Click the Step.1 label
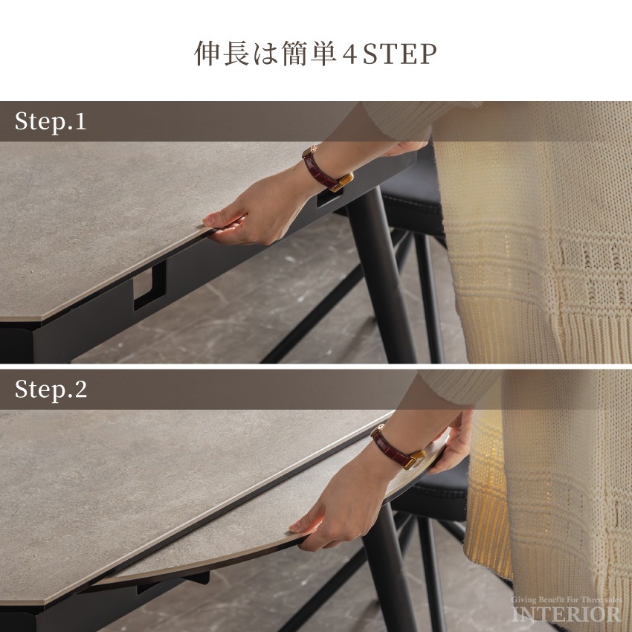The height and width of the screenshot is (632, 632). point(51,121)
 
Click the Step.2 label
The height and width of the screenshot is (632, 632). point(51,390)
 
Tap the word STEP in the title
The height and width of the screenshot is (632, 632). point(400,54)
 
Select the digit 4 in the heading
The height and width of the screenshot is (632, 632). point(349,54)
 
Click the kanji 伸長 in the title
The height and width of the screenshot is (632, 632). point(222,54)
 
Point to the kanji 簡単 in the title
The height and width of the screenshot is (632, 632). point(309,54)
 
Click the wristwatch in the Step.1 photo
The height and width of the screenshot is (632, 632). point(327,169)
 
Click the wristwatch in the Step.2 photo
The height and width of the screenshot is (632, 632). point(397,447)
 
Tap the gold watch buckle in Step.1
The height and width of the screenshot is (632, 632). point(342,182)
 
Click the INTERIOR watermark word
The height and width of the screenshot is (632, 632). point(567,614)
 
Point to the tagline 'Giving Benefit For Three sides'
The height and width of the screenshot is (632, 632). point(567,600)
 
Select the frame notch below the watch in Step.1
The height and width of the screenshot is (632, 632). point(329,198)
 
